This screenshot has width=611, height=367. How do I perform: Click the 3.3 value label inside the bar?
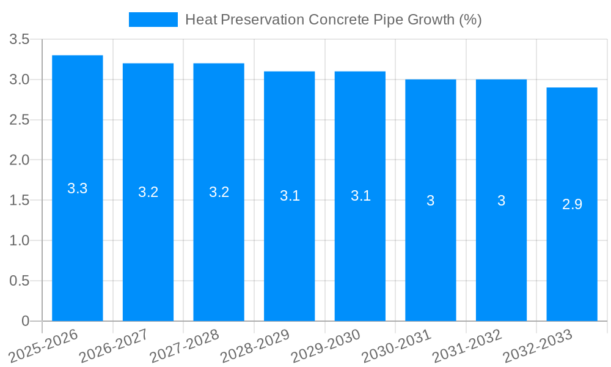click(x=78, y=188)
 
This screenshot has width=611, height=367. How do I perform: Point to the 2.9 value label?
click(x=572, y=204)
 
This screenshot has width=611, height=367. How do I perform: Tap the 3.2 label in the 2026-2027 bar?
click(x=148, y=192)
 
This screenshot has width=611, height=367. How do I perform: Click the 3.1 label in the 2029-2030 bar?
click(x=360, y=196)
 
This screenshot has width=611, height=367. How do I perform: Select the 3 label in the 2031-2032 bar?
click(x=501, y=201)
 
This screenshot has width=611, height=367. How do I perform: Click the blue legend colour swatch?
click(x=153, y=20)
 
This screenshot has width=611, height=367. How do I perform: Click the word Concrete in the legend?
click(x=338, y=20)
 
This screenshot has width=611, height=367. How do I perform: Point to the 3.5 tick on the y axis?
click(x=20, y=40)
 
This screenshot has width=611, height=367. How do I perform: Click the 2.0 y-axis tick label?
click(x=20, y=160)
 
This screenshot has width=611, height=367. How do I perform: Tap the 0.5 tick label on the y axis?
click(x=20, y=281)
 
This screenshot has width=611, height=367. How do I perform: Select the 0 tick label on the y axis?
click(x=25, y=321)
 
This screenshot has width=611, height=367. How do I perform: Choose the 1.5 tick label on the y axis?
click(x=20, y=201)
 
